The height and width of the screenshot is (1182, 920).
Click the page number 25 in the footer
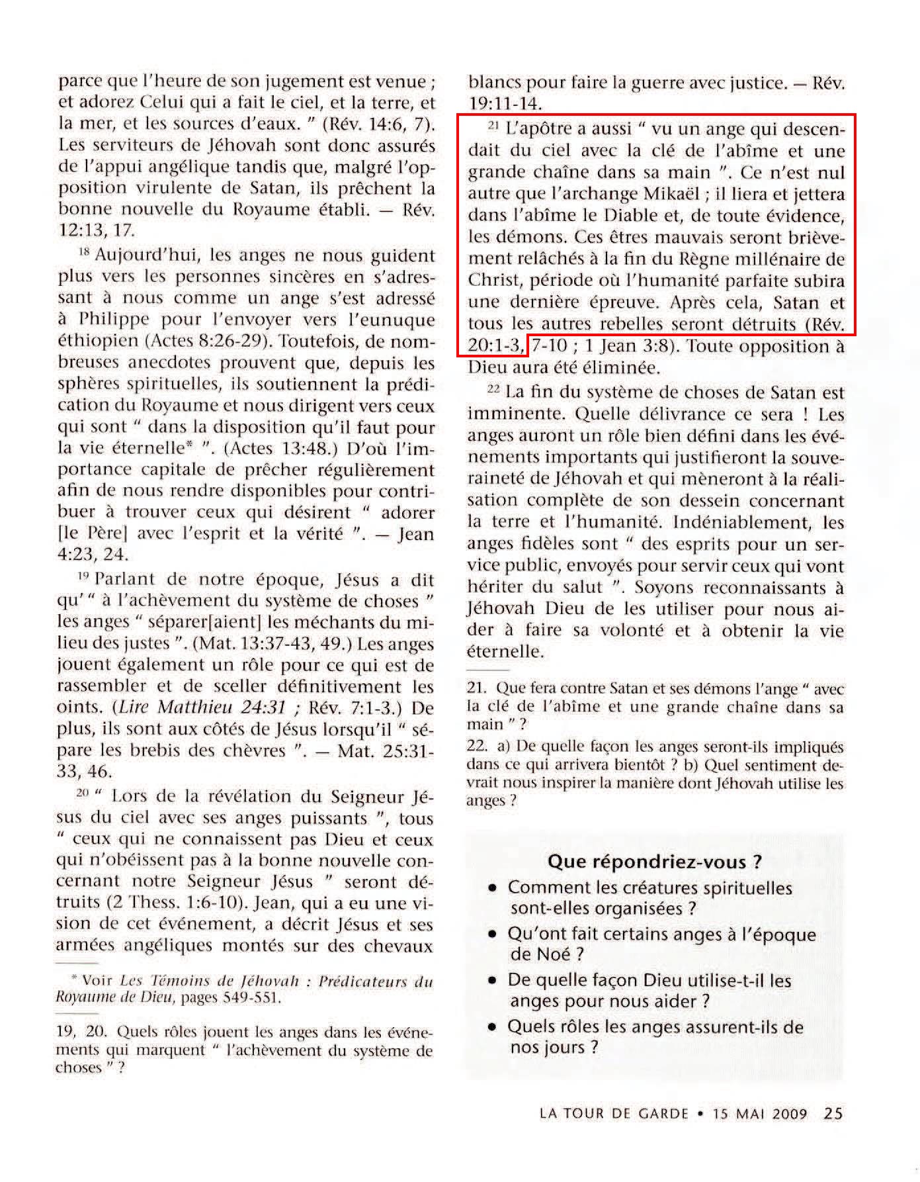(833, 1113)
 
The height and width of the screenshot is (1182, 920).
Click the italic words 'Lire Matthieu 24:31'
(205, 707)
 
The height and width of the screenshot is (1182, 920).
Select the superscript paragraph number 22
(492, 390)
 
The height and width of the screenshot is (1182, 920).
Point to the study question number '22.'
(477, 746)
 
